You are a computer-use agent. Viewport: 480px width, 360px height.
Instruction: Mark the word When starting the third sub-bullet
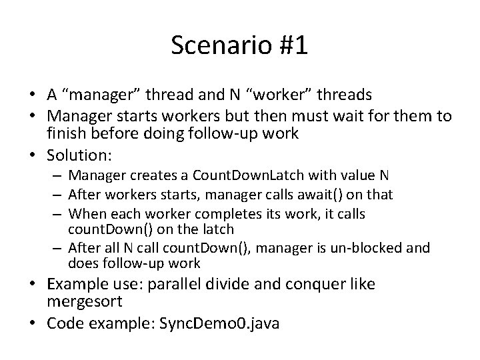[85, 213]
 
